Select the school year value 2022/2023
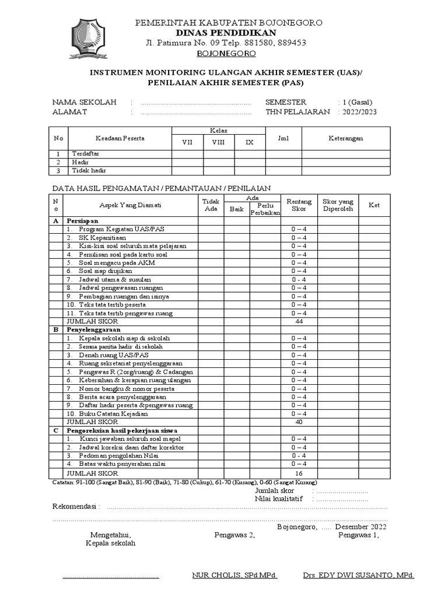coord(354,112)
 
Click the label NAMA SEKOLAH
coord(85,102)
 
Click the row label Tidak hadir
coord(89,171)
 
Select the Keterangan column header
coord(345,138)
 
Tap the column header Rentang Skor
coord(299,205)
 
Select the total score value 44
coord(299,321)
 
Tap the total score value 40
coord(299,422)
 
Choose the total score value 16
coord(299,473)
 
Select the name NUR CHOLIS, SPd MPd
coord(235,575)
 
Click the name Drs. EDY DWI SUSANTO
coord(358,575)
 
